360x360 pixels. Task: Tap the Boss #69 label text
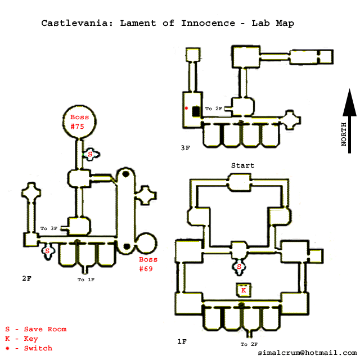point(148,264)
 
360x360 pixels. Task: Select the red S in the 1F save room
point(240,266)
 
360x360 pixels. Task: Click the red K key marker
point(244,290)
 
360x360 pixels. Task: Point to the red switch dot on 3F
point(186,108)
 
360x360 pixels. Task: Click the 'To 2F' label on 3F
point(213,109)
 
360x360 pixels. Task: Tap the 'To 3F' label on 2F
point(49,228)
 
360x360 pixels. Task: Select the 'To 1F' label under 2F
point(85,280)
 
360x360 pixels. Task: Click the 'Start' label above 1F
point(242,165)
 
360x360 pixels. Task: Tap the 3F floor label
point(185,148)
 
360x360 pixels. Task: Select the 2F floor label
point(26,278)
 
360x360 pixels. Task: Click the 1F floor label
point(182,341)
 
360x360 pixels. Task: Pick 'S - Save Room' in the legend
point(35,329)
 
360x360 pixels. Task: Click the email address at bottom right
point(307,353)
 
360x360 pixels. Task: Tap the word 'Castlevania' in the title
point(71,24)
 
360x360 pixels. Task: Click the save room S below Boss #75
point(90,154)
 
